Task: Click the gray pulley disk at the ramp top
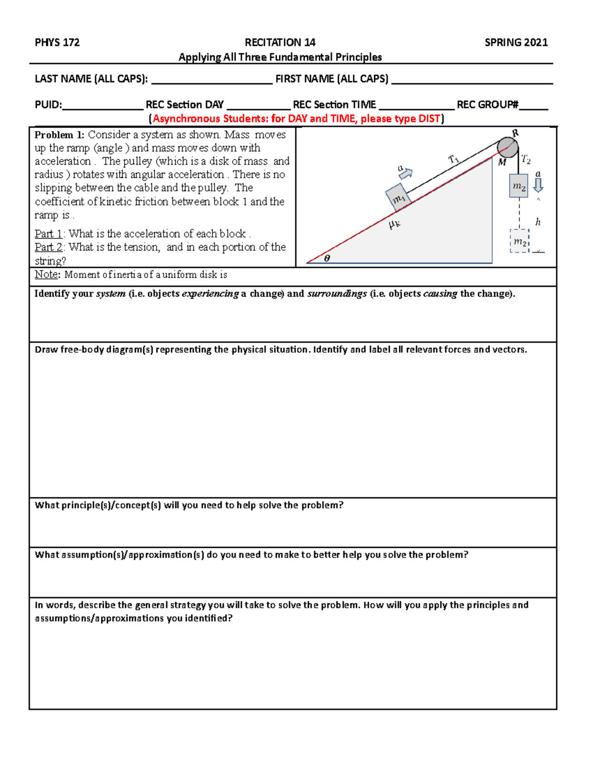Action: point(507,147)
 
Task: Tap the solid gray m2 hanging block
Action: point(518,186)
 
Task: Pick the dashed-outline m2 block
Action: point(519,241)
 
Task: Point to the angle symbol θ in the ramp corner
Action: point(327,258)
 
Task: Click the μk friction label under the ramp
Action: point(394,224)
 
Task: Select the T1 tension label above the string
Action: point(454,159)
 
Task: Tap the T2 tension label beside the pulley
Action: point(526,160)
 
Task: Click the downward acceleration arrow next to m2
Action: point(538,184)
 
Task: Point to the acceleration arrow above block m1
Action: point(406,173)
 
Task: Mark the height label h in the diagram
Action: point(538,223)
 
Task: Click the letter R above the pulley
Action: point(515,133)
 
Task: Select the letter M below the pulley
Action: point(502,163)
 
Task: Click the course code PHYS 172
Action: point(57,43)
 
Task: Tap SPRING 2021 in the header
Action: point(516,43)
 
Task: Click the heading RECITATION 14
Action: point(280,43)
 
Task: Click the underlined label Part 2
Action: point(48,247)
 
